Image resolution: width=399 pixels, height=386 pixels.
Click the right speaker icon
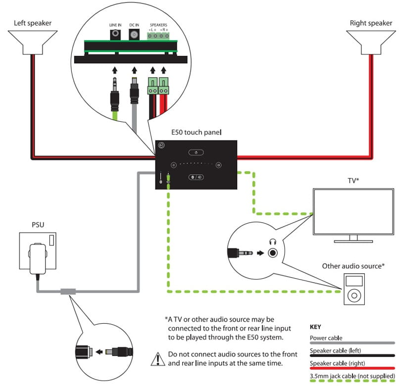point(367,43)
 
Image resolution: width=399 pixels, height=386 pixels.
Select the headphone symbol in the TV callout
point(272,241)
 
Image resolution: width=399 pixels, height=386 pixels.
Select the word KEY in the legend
point(316,328)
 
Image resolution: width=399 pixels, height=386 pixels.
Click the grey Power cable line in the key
point(352,343)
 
